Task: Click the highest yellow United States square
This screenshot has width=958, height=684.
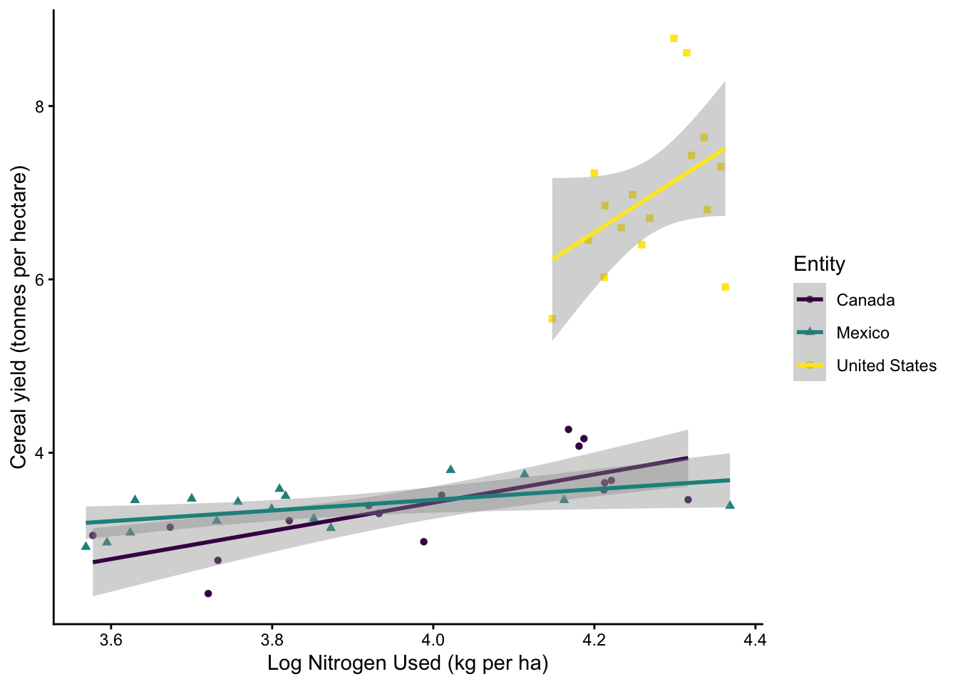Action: coord(674,38)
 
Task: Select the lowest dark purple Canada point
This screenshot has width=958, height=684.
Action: coord(208,594)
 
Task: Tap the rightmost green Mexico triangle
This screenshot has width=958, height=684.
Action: coord(730,505)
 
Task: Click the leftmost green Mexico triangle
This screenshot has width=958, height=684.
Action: coord(86,546)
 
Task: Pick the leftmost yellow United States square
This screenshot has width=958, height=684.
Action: coord(552,318)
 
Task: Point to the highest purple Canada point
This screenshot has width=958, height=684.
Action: coord(568,430)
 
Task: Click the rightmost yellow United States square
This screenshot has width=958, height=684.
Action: coord(725,287)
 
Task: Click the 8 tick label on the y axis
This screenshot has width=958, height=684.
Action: coord(40,106)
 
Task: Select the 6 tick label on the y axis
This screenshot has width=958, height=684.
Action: coord(40,279)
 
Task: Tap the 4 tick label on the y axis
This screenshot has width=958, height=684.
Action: coord(40,453)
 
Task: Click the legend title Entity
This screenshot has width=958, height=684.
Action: coord(819,264)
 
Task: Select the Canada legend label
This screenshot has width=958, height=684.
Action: coord(865,300)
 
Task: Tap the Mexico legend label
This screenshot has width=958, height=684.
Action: coord(862,333)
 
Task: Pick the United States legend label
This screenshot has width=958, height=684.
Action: coord(886,366)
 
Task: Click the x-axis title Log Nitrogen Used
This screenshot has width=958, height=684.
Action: coord(408,664)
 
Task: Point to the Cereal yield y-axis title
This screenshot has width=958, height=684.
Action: coord(19,317)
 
